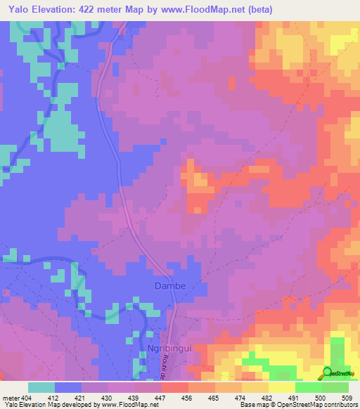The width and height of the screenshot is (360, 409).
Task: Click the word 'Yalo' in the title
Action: coord(18,10)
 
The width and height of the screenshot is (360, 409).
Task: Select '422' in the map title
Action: coord(98,10)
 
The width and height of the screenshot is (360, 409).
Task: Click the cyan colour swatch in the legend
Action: coord(41,387)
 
